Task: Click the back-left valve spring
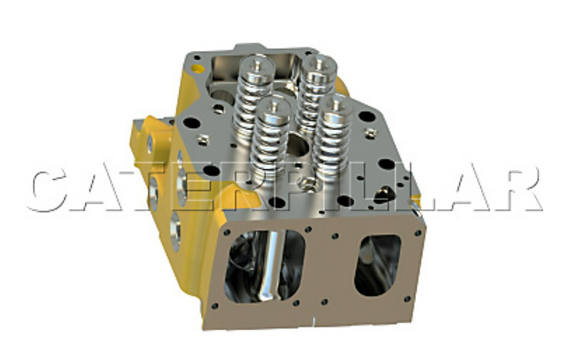coord(254,93)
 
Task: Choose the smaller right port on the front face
coord(378,265)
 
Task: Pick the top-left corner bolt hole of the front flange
coord(228,233)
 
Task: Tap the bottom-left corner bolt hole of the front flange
coord(214,305)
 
